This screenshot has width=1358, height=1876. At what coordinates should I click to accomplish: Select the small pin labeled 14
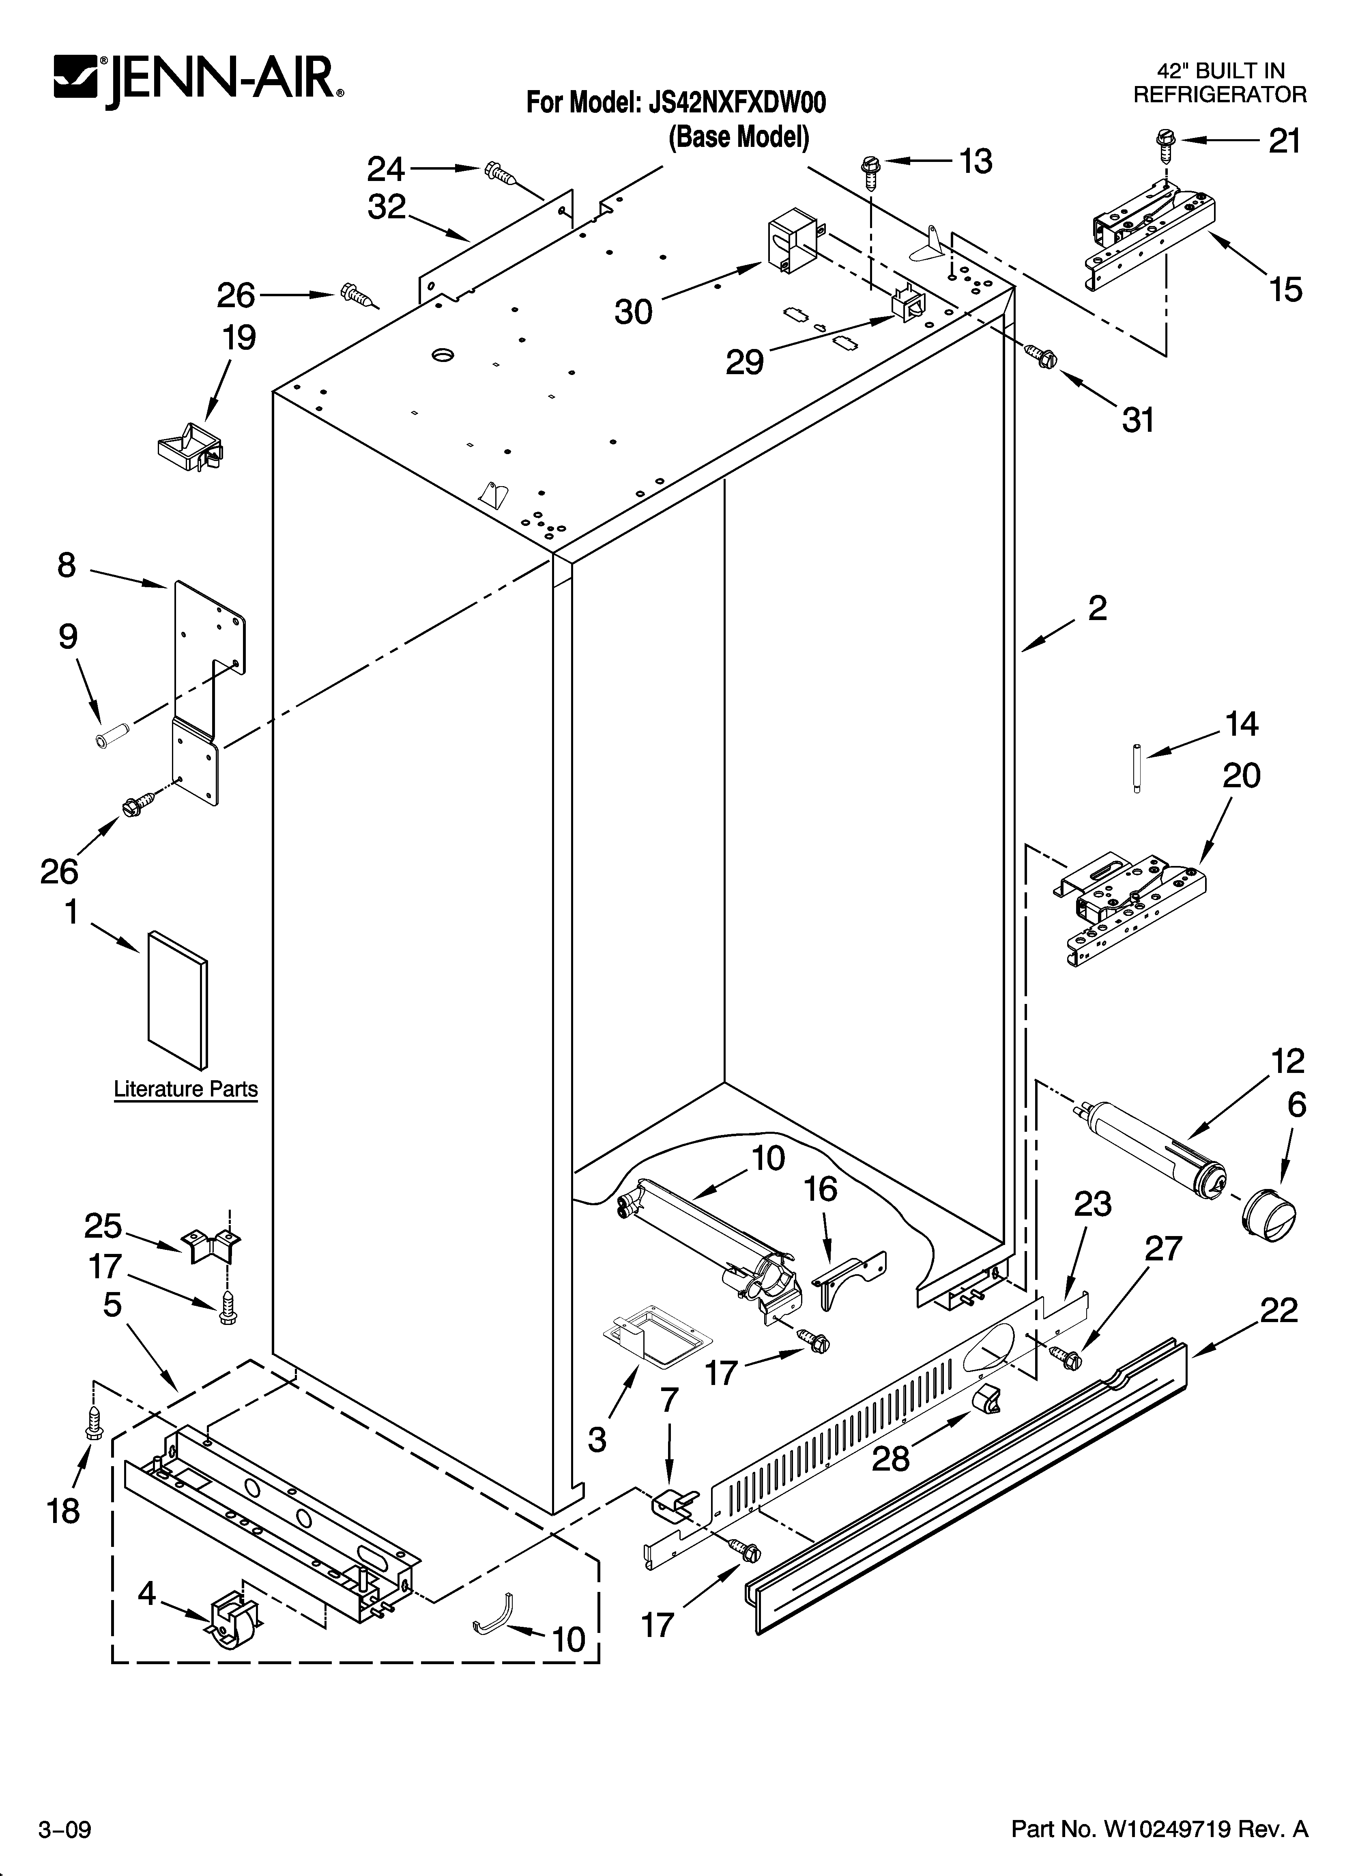[1137, 769]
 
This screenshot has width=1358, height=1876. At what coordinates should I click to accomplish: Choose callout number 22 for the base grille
[1278, 1311]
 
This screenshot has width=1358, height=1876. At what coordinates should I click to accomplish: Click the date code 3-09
[64, 1846]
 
